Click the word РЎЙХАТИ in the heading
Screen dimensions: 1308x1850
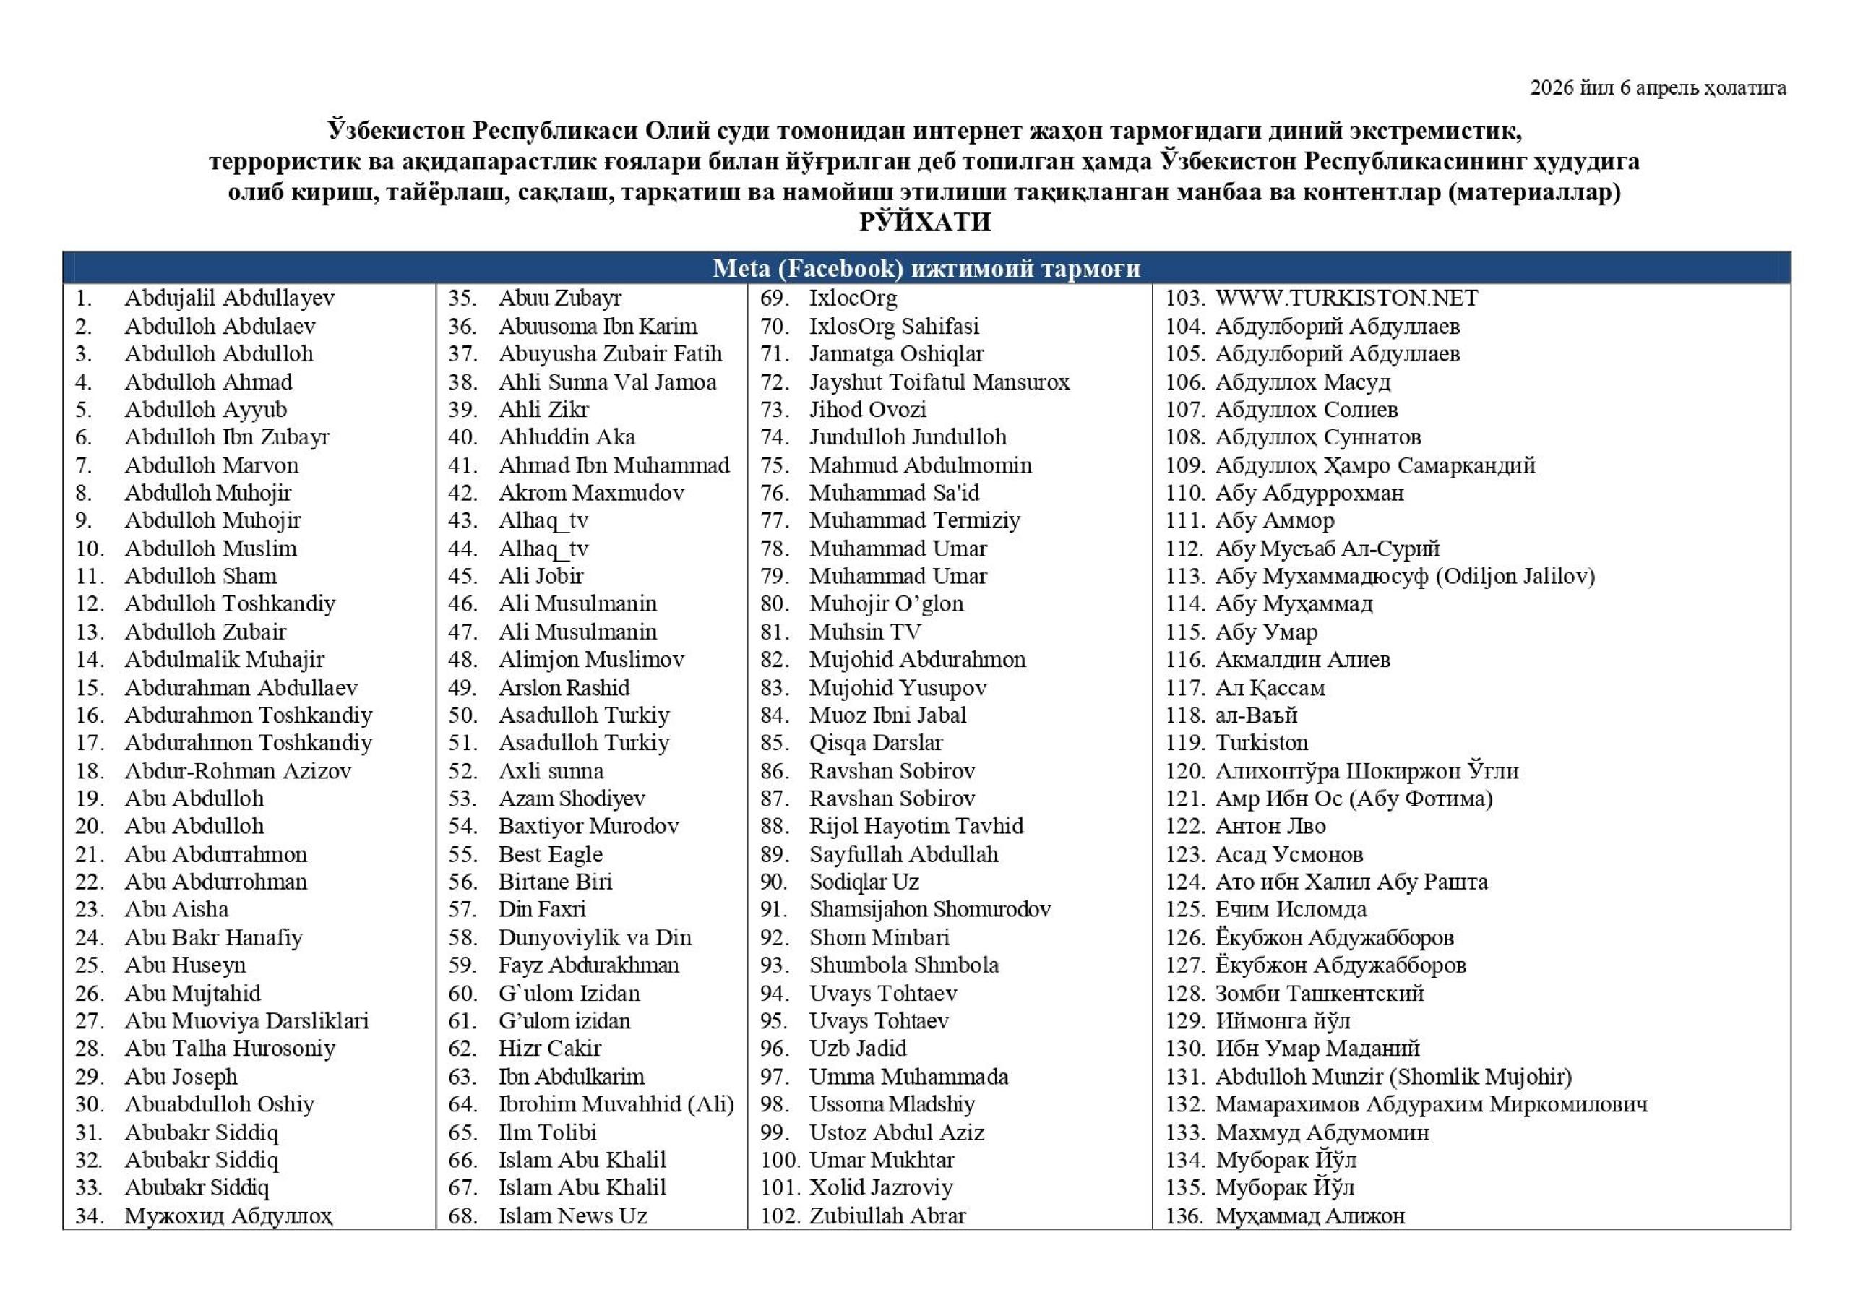coord(925,222)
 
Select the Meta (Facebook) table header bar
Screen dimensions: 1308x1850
coord(926,268)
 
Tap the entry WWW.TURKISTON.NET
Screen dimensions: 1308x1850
coord(1346,298)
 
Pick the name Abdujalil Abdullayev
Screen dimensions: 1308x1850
coord(229,298)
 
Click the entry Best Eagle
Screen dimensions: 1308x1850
coord(551,854)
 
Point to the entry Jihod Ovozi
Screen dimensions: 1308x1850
coord(868,410)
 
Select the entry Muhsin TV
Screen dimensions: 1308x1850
coord(864,632)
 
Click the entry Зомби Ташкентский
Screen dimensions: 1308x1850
coord(1319,993)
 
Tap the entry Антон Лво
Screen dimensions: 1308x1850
coord(1270,826)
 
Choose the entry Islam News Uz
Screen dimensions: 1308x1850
coord(572,1216)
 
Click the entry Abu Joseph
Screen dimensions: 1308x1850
coord(181,1077)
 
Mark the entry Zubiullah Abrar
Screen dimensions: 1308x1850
coord(887,1216)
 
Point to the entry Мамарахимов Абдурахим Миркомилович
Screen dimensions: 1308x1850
coord(1431,1104)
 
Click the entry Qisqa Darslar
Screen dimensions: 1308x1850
coord(876,742)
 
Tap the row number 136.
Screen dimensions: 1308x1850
coord(1184,1216)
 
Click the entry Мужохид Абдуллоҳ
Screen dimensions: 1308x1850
coord(229,1216)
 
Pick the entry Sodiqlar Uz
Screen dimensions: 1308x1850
coord(864,882)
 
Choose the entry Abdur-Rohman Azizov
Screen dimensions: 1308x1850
coord(238,771)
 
